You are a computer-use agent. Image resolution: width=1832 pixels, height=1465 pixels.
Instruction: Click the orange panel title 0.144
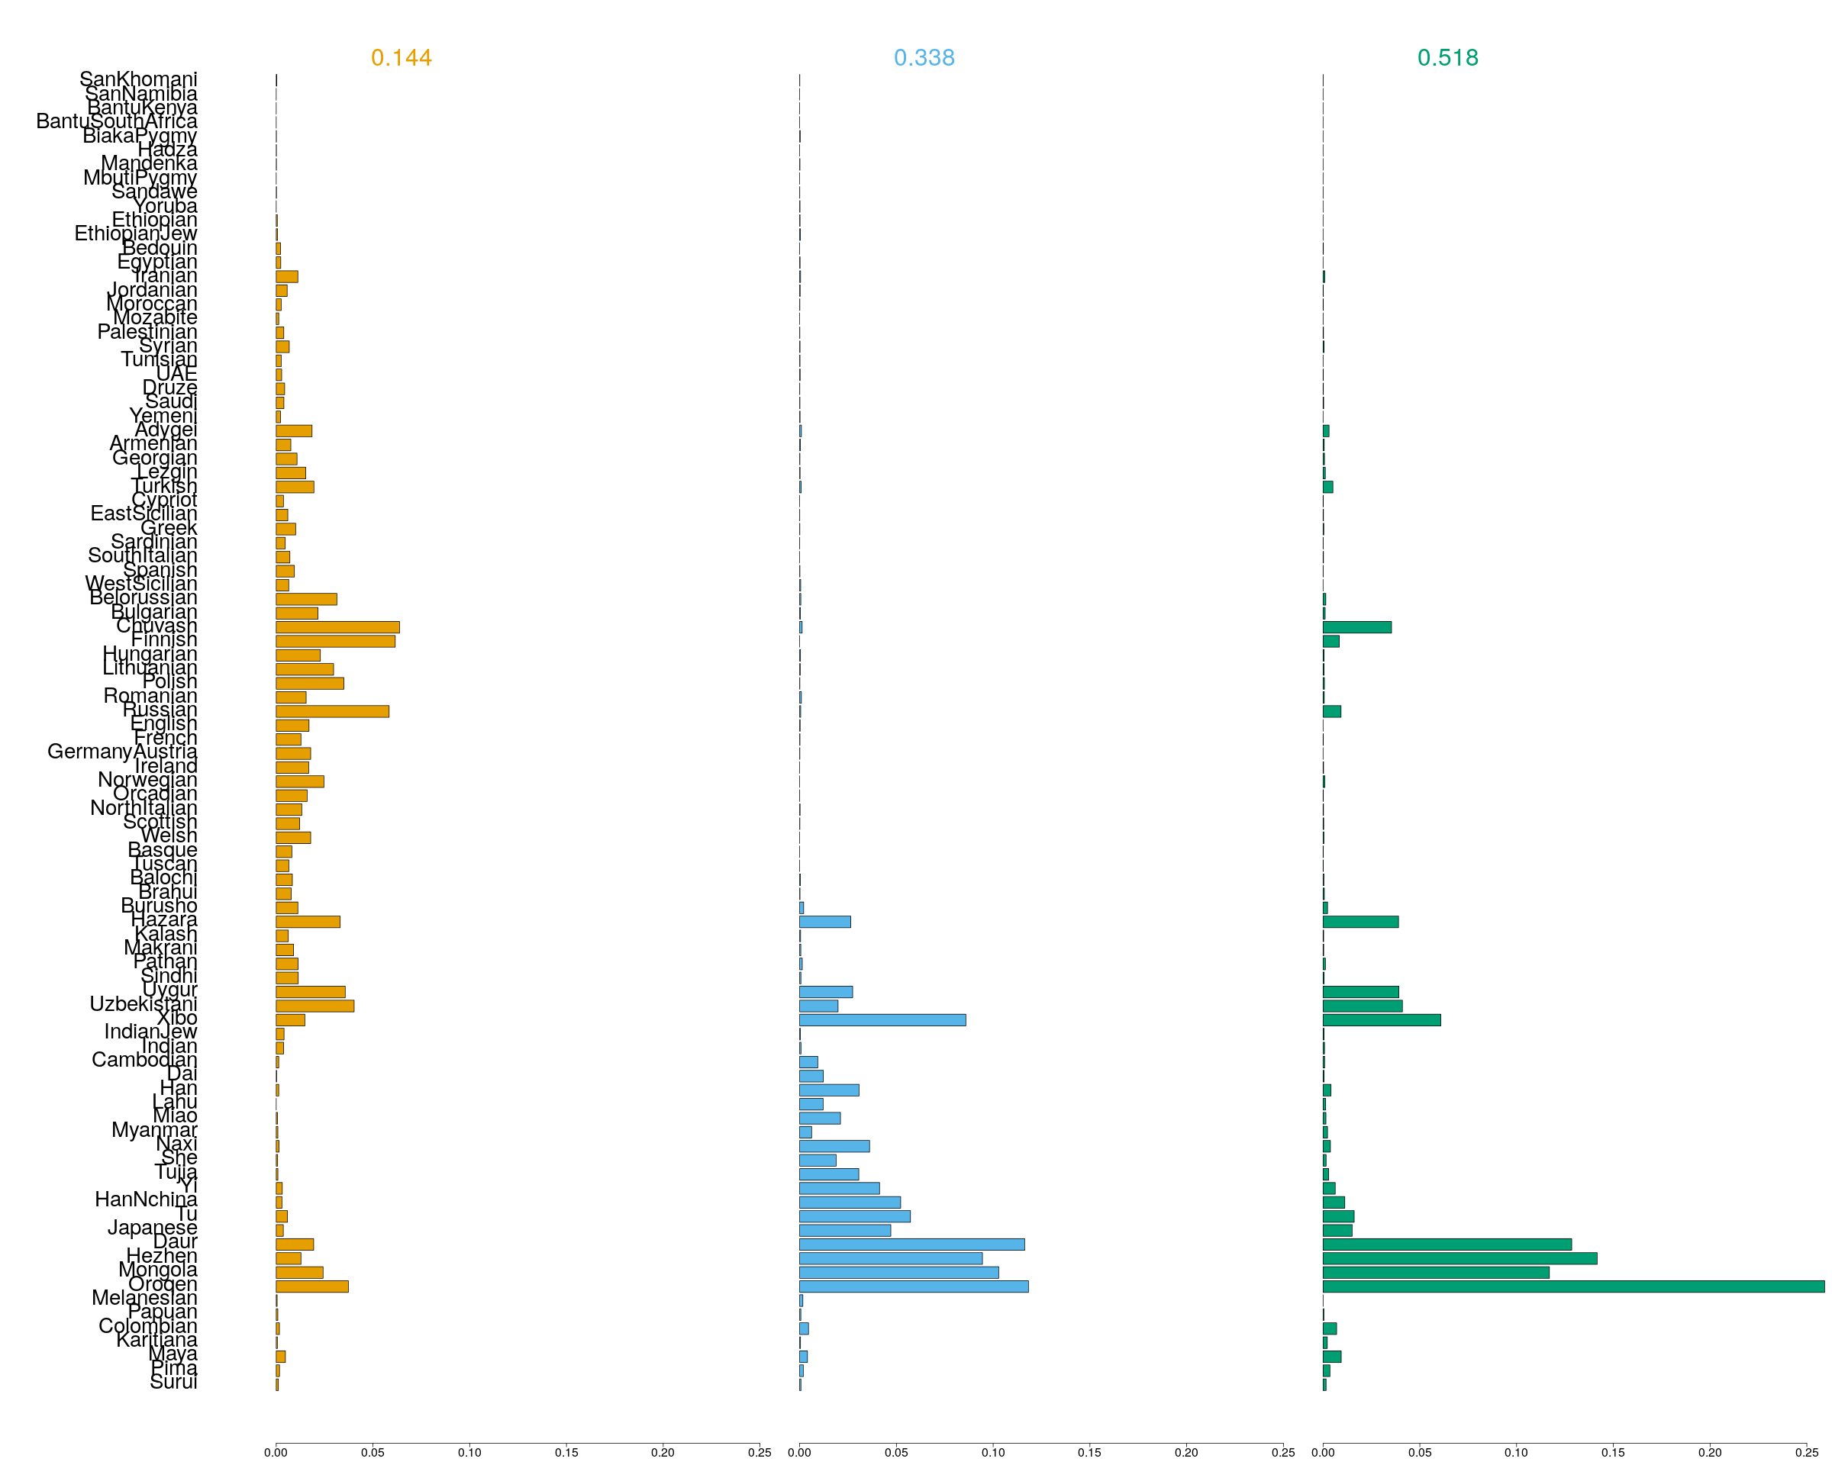401,58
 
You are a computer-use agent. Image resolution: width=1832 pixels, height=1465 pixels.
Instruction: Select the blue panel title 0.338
924,58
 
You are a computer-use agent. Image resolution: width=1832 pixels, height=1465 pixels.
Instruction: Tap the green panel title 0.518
1447,58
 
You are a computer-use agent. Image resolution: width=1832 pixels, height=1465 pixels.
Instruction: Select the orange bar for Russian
332,712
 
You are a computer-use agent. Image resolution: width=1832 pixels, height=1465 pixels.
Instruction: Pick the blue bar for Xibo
882,1020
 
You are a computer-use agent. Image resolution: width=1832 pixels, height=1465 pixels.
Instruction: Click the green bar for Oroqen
1572,1286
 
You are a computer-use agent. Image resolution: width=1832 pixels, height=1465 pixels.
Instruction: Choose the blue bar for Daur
911,1244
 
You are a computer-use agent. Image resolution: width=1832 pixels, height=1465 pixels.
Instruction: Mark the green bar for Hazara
1359,922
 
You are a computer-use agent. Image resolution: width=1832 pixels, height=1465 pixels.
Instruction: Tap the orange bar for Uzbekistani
314,1006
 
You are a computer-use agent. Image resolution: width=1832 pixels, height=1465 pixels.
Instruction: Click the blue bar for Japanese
844,1231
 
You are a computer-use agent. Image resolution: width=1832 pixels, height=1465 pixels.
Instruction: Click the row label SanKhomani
138,79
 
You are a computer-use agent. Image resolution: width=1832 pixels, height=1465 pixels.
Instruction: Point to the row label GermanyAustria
122,752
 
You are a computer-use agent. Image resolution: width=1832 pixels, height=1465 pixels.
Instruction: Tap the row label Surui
173,1382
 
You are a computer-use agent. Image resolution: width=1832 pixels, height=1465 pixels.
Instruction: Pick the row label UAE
177,374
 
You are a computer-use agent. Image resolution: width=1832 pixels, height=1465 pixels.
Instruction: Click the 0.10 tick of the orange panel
469,1452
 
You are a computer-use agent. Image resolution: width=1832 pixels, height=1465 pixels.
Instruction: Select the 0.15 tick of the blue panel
1089,1452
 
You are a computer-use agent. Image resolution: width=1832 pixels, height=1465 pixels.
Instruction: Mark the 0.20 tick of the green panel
1710,1452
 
